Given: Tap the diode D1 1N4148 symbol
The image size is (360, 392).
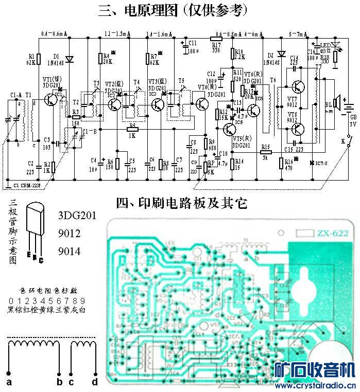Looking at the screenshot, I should (x=69, y=58).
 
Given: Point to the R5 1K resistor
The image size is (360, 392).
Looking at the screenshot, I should (x=132, y=129).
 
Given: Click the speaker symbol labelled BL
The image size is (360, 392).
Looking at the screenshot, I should (x=335, y=102).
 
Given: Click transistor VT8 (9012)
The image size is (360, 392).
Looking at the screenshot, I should (x=298, y=129).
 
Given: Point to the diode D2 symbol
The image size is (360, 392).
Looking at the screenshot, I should (x=281, y=54).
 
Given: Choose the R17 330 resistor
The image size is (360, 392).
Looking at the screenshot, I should (x=217, y=38).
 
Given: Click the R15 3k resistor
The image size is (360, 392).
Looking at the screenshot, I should (x=265, y=152).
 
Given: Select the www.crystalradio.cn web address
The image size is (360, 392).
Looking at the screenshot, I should (x=316, y=386).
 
